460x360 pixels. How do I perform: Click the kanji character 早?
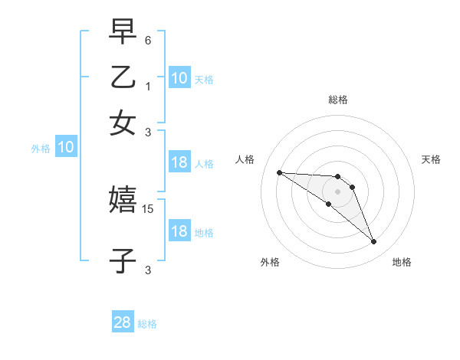click(123, 32)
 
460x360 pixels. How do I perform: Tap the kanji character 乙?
click(123, 77)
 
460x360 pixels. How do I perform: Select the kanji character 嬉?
click(123, 200)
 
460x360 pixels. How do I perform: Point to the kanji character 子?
click(123, 260)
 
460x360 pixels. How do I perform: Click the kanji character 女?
click(123, 123)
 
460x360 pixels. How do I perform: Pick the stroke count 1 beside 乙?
click(148, 86)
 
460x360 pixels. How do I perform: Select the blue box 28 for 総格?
click(123, 323)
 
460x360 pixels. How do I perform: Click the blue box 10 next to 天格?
click(179, 78)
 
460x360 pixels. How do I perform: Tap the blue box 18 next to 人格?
click(179, 162)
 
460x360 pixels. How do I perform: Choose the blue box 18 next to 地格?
click(179, 232)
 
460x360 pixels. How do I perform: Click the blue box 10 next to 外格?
click(66, 148)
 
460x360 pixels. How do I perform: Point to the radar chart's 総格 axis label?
click(338, 100)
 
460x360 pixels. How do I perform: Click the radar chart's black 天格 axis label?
click(432, 159)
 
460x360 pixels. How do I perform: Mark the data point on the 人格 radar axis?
click(279, 172)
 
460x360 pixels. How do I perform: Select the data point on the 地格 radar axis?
click(373, 242)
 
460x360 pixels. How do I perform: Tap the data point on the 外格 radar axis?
click(329, 204)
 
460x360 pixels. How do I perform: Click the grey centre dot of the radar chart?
click(338, 191)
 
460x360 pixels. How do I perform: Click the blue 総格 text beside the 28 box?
click(147, 324)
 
